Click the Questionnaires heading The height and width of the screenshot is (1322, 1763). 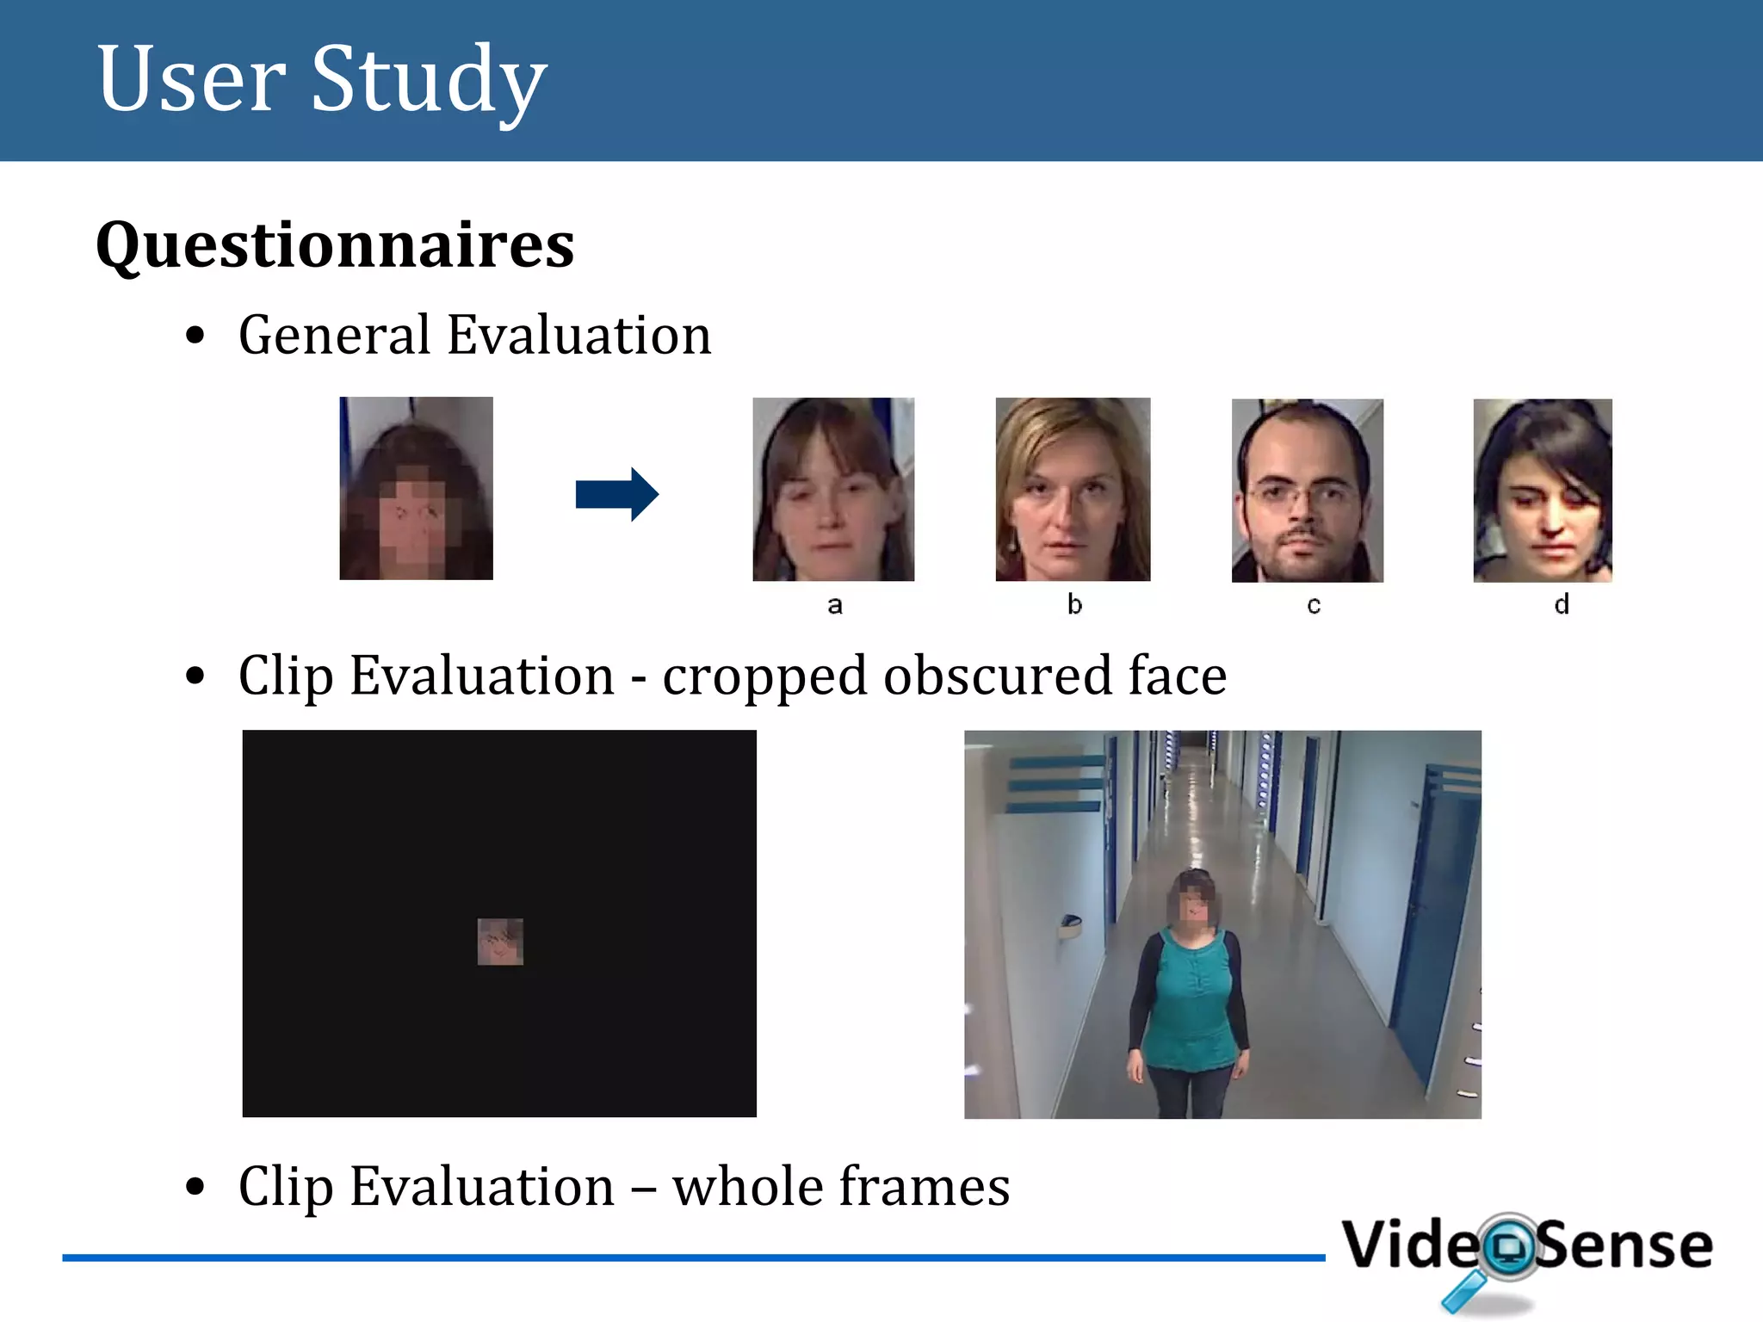point(335,245)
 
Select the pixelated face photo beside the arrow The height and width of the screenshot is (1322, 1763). point(416,488)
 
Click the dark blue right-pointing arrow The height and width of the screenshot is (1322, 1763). point(616,494)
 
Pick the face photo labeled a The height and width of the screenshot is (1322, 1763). point(832,489)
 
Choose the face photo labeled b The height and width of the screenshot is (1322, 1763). point(1072,489)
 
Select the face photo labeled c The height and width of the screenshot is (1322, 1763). point(1307,491)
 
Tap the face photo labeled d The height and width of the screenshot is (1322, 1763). point(1542,491)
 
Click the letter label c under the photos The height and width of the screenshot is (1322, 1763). point(1313,605)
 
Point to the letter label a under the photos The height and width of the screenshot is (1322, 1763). point(834,605)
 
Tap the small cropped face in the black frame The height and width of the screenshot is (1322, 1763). point(500,942)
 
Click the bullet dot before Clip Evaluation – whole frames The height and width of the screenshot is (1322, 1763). point(195,1187)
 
